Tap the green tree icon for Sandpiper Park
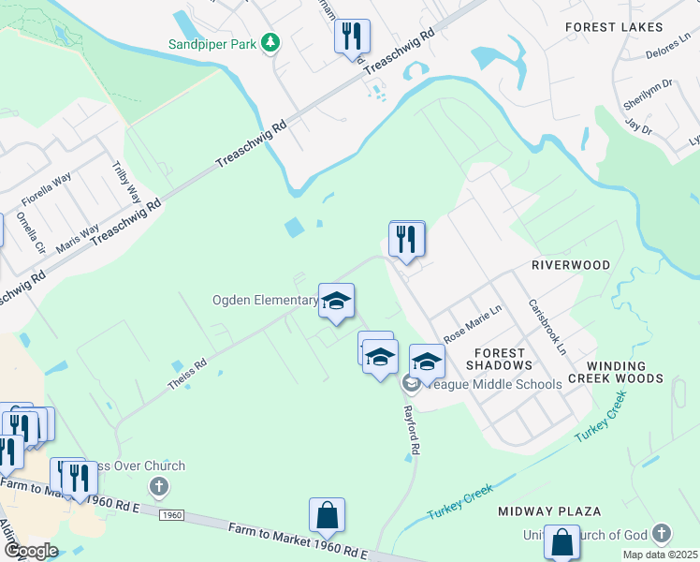point(270,42)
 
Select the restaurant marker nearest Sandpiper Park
point(352,37)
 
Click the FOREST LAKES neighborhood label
point(614,27)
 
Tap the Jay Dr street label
point(638,126)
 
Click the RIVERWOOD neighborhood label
point(571,265)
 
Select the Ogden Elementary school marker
point(336,302)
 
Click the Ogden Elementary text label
point(265,301)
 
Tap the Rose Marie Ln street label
point(473,323)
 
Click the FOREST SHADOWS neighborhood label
point(503,359)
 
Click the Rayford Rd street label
point(410,432)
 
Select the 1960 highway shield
point(171,515)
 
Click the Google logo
point(31,551)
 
